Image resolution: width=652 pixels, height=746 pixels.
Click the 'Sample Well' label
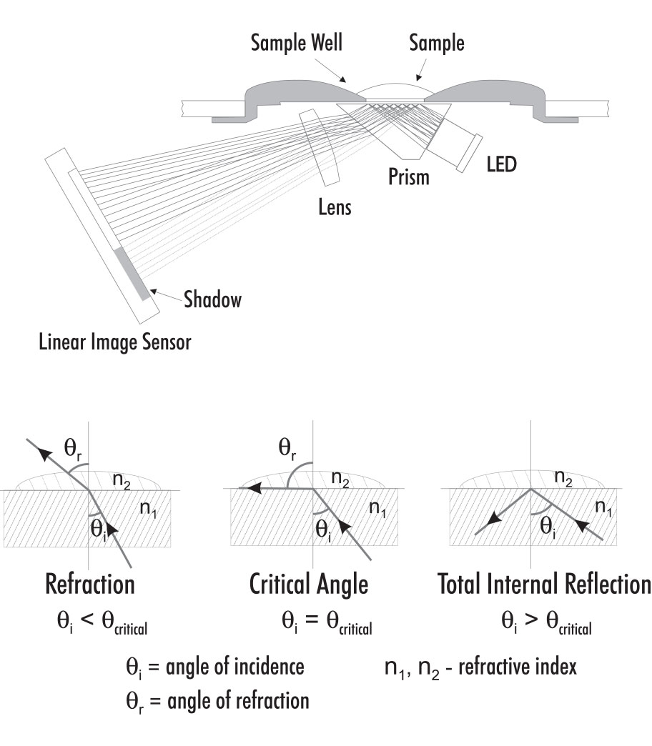pyautogui.click(x=297, y=43)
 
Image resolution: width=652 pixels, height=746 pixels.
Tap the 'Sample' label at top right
pyautogui.click(x=436, y=43)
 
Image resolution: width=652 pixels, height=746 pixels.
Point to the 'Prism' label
pyautogui.click(x=408, y=176)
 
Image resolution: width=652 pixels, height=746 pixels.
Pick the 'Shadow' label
pyautogui.click(x=212, y=299)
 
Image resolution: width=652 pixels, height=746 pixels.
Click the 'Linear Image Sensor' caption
pyautogui.click(x=115, y=342)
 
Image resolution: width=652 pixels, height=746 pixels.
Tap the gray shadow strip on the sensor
pyautogui.click(x=132, y=272)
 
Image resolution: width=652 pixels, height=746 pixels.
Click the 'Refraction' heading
pyautogui.click(x=89, y=584)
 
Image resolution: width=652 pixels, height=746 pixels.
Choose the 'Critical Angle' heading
pyautogui.click(x=309, y=584)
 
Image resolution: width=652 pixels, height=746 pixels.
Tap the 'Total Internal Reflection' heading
pyautogui.click(x=544, y=584)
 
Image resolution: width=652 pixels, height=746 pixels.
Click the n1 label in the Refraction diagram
pyautogui.click(x=148, y=509)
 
